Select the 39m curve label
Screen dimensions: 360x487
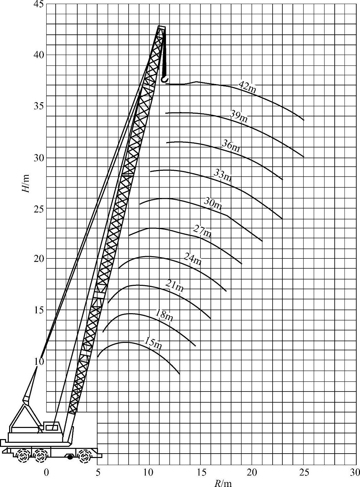click(239, 116)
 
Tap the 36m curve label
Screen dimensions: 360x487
click(231, 145)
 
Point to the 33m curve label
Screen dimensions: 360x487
click(223, 175)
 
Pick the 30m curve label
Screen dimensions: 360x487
click(213, 204)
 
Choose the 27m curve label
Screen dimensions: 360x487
click(202, 232)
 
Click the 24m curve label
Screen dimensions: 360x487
click(193, 259)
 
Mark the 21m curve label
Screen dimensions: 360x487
click(175, 286)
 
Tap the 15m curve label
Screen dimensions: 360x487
click(153, 343)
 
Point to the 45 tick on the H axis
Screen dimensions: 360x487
click(39, 4)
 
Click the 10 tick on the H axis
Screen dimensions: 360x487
click(39, 361)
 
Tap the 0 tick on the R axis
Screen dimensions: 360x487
click(47, 472)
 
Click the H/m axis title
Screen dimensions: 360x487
click(26, 183)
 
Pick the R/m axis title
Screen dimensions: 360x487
click(223, 483)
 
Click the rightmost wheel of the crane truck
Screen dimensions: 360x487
click(84, 457)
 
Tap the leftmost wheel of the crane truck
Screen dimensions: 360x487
click(23, 457)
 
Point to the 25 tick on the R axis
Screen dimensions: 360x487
click(304, 472)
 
